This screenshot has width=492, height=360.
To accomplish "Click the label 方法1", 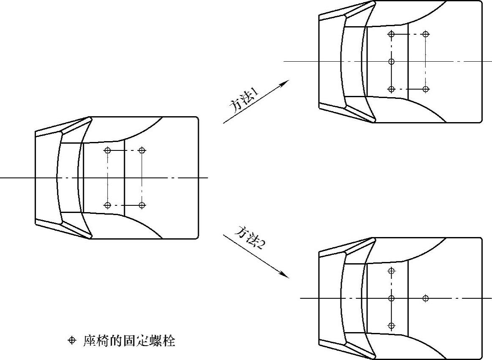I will coord(244,100).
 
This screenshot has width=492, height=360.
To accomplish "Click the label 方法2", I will coord(250,237).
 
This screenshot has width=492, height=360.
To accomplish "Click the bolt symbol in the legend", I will coord(71,341).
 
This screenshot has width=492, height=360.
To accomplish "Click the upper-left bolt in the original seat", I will coord(108,150).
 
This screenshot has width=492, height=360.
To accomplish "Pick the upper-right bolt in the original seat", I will coord(142,150).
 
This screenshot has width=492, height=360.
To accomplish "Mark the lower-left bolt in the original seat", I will coord(108,205).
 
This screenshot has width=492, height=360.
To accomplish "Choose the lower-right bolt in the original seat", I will coord(142,205).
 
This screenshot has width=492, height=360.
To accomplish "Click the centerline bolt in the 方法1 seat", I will coord(391,62).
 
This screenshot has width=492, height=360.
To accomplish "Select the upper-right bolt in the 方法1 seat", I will coord(426,34).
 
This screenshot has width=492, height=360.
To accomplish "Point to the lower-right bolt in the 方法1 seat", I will coord(426,89).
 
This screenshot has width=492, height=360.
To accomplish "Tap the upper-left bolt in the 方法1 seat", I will coord(391,34).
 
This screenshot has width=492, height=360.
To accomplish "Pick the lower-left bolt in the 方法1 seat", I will coord(391,89).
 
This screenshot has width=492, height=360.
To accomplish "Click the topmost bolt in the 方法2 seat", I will coord(391,270).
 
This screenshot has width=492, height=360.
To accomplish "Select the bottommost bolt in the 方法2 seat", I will coord(391,326).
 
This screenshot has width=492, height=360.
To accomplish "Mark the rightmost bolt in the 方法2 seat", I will coord(426,298).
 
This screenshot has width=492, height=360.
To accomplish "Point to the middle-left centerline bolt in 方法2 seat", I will coord(391,298).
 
